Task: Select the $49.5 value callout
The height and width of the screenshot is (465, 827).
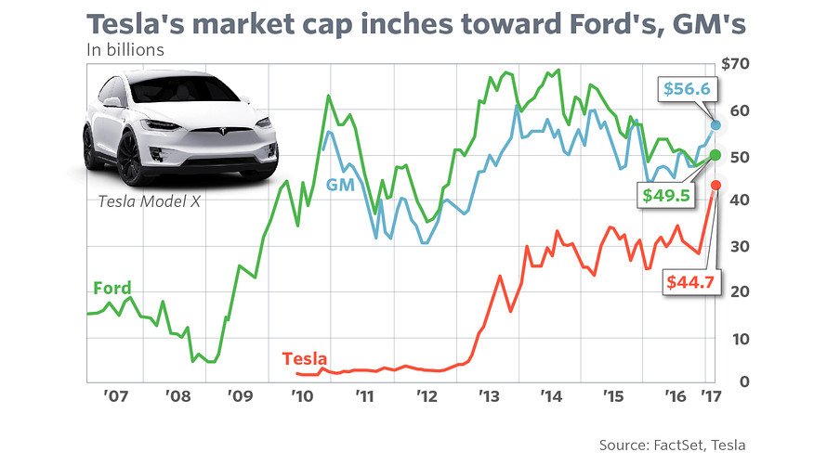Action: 666,194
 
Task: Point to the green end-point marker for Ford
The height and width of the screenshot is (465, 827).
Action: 715,155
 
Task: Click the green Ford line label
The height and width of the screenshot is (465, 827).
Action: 112,288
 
